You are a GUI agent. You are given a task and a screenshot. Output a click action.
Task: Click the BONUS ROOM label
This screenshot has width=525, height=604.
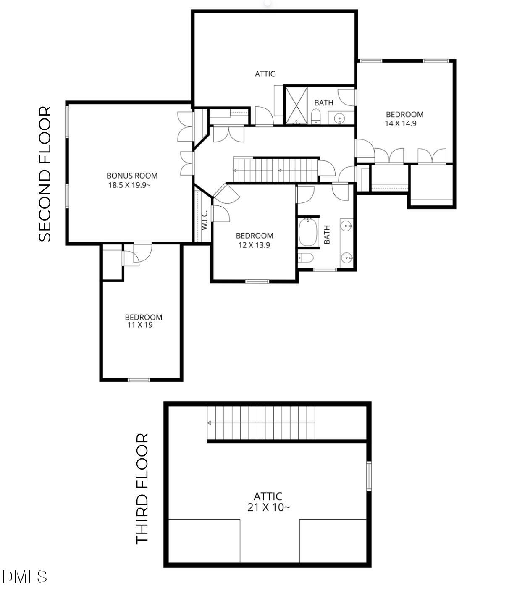(x=132, y=176)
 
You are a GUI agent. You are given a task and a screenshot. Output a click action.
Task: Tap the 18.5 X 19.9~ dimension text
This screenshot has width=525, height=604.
(x=129, y=185)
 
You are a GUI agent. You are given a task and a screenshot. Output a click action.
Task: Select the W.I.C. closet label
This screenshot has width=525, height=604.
(x=205, y=220)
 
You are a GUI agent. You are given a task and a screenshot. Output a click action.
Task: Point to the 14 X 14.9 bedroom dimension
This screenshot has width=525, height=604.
(x=400, y=123)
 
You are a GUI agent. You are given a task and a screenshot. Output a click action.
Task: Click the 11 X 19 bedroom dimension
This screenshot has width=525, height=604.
(x=140, y=325)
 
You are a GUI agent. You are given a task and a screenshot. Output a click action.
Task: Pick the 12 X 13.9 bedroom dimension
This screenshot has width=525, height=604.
(x=254, y=245)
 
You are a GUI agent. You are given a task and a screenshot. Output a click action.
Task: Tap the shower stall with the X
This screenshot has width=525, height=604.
(x=296, y=105)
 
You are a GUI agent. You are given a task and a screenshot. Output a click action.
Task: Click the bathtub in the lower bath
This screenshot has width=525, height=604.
(x=308, y=232)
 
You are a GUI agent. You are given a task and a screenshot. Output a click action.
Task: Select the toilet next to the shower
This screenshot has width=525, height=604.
(x=316, y=116)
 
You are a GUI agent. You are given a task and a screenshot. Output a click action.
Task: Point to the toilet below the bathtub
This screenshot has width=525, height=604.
(x=305, y=258)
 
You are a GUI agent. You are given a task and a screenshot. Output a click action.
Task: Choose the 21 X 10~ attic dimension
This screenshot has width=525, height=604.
(x=268, y=507)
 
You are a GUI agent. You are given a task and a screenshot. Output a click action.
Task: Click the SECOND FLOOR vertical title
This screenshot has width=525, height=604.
(x=45, y=174)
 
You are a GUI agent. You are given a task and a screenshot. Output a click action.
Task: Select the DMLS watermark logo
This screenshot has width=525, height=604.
(x=24, y=576)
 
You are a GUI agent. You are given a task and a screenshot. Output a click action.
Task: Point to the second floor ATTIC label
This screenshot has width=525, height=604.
(x=265, y=74)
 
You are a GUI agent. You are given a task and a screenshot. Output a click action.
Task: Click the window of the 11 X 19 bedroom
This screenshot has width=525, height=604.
(x=139, y=380)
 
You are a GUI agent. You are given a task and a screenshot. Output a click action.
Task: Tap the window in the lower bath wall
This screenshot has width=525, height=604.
(x=325, y=270)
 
